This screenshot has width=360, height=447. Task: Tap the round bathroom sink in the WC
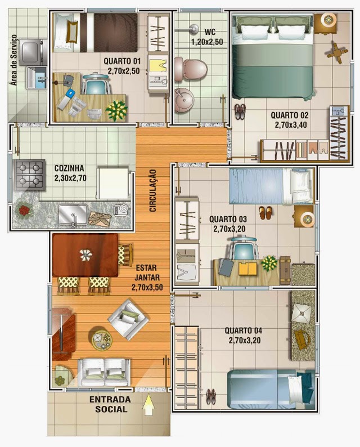tap(184, 100)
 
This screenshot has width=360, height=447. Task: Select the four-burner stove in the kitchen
tap(30, 175)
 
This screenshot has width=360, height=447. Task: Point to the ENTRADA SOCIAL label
tap(110, 404)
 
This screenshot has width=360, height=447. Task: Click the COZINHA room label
tap(69, 168)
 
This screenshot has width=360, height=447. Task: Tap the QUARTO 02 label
tap(289, 115)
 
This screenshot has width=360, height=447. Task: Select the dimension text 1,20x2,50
tap(207, 42)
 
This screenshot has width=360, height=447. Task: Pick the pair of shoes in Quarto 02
tap(240, 111)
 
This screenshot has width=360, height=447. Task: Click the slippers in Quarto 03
tap(265, 213)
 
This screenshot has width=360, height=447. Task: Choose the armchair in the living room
tap(128, 318)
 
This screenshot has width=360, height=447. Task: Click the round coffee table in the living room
tap(100, 339)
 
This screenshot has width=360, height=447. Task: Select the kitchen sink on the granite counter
tap(73, 214)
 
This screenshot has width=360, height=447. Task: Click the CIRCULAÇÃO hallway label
tap(153, 190)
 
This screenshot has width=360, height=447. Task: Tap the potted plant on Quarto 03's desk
tap(268, 263)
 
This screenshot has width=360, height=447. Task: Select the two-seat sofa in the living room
tap(104, 372)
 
